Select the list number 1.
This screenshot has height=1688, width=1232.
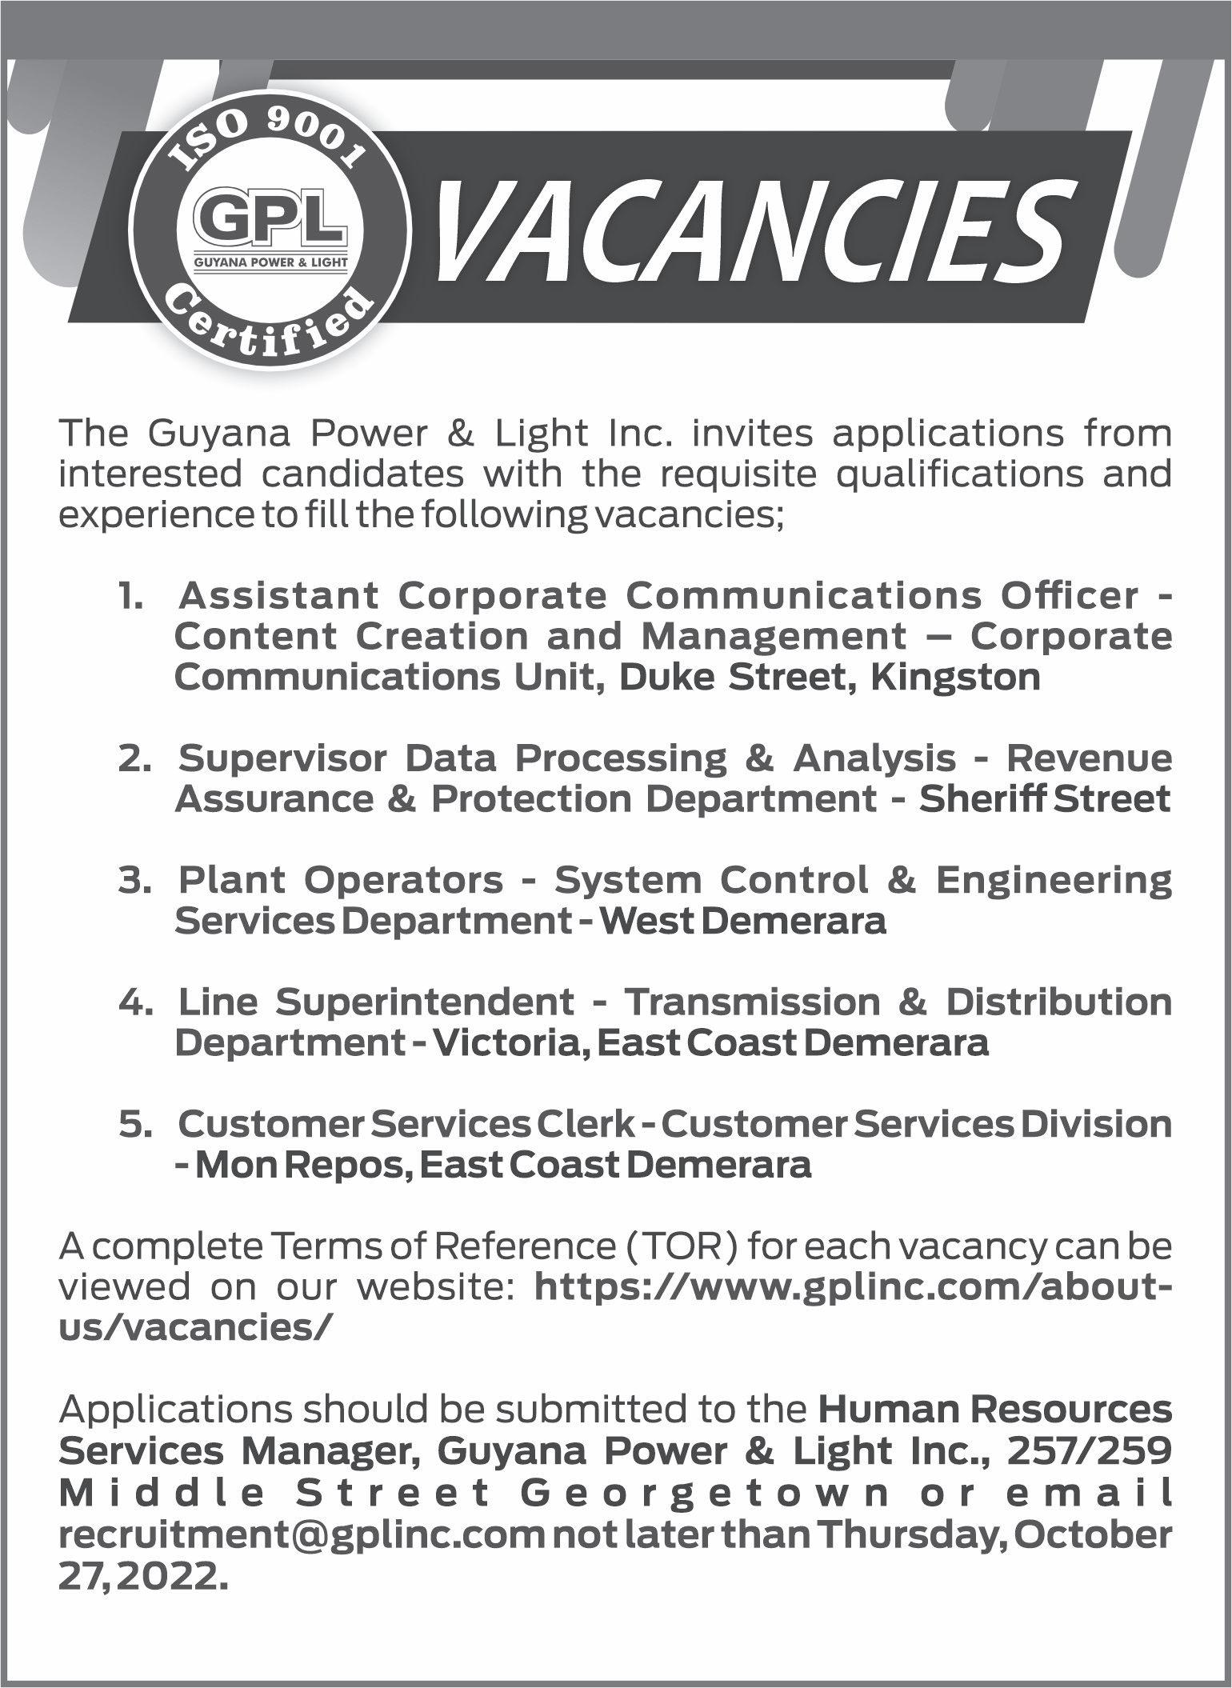[x=130, y=595]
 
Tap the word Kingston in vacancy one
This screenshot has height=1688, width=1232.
[x=956, y=678]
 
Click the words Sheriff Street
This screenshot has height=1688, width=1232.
[x=1045, y=799]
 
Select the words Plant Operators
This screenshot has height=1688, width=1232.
[x=341, y=880]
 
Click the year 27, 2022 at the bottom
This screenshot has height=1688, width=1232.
[x=138, y=1575]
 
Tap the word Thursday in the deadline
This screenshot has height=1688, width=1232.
[x=903, y=1534]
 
